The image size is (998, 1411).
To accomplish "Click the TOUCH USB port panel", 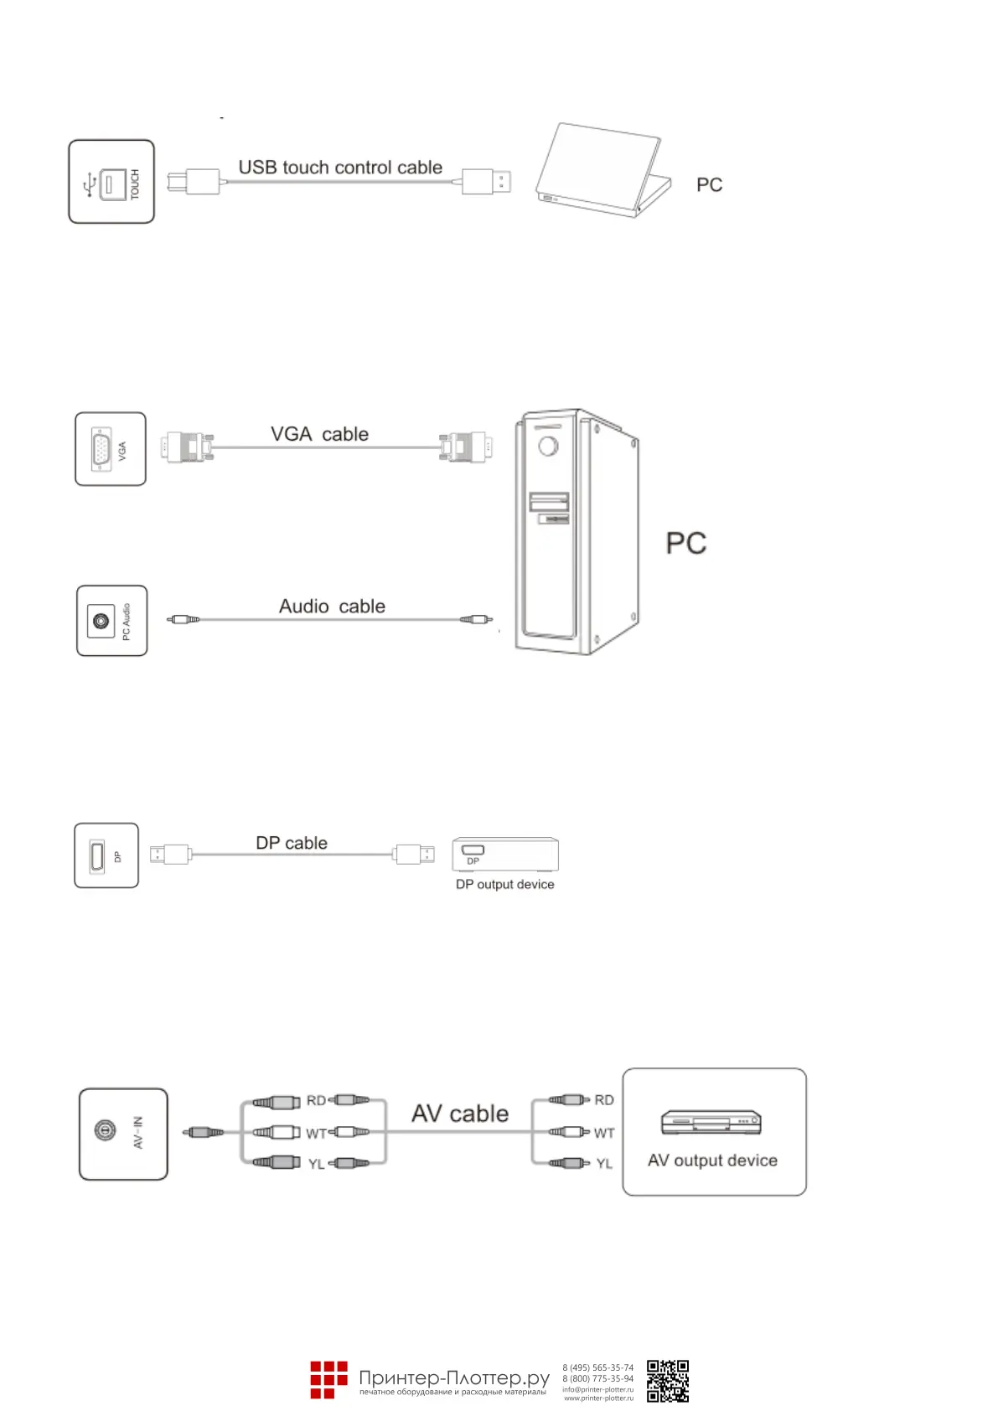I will pyautogui.click(x=111, y=182).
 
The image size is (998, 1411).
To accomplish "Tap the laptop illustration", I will pyautogui.click(x=603, y=172).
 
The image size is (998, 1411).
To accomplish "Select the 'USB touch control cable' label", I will pyautogui.click(x=340, y=168).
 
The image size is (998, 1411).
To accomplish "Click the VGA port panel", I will pyautogui.click(x=111, y=449).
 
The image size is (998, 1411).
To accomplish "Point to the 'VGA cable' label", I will pyautogui.click(x=319, y=434).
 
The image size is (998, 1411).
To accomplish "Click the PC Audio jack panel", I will pyautogui.click(x=111, y=621).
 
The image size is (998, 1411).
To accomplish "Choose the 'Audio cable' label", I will pyautogui.click(x=332, y=607).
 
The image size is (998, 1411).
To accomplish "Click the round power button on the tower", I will pyautogui.click(x=548, y=446).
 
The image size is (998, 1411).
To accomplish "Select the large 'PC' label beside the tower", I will pyautogui.click(x=686, y=544).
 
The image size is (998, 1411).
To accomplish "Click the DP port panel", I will pyautogui.click(x=106, y=855).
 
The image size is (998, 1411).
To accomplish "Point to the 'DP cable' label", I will pyautogui.click(x=292, y=843).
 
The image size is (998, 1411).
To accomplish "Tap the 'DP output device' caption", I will pyautogui.click(x=504, y=885).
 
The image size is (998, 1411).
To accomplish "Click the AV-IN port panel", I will pyautogui.click(x=123, y=1134).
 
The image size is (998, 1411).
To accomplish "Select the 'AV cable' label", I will pyautogui.click(x=460, y=1114).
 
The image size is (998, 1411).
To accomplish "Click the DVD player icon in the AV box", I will pyautogui.click(x=711, y=1122).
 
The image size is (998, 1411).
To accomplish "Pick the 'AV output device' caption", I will pyautogui.click(x=712, y=1160).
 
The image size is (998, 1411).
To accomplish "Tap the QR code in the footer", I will pyautogui.click(x=668, y=1381).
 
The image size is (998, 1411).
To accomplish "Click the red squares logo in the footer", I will pyautogui.click(x=328, y=1379).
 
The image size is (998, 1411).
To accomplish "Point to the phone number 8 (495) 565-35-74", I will pyautogui.click(x=597, y=1367).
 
